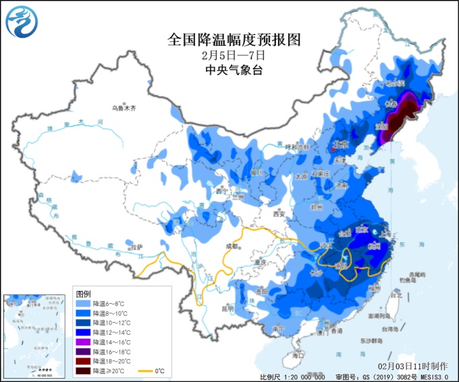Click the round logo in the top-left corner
coord(22,22)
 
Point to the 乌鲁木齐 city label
coord(124,107)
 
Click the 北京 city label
coord(340,144)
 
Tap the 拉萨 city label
coord(137,246)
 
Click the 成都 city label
coord(233,246)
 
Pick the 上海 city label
coord(387,234)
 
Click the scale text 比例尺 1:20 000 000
coord(293,376)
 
